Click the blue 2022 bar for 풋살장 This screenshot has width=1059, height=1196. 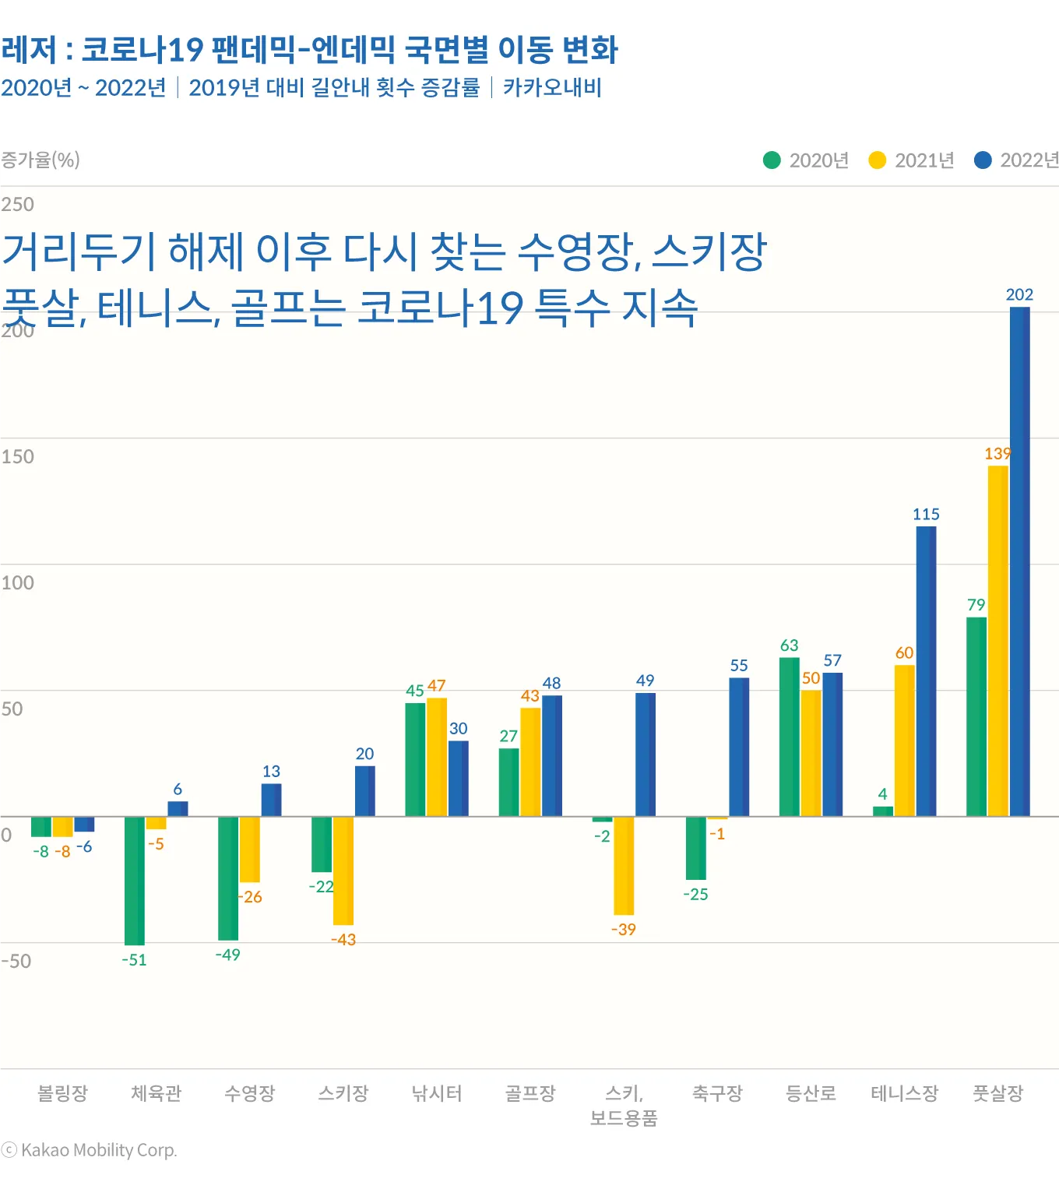[1019, 561]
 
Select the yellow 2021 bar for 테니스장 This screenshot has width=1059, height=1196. [904, 740]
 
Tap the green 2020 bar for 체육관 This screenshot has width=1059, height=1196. [135, 880]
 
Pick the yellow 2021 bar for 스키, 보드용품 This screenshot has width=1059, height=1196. [624, 865]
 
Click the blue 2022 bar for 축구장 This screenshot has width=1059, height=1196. [739, 747]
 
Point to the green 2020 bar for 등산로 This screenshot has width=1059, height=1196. [789, 737]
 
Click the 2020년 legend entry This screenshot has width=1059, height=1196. [806, 160]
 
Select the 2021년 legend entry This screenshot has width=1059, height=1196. [912, 160]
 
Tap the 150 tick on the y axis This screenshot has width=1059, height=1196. [18, 456]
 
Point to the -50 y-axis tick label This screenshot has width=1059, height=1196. [16, 961]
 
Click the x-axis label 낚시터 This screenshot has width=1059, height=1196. [437, 1093]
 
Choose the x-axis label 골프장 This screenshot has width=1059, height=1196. [530, 1093]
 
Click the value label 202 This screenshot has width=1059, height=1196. [1019, 294]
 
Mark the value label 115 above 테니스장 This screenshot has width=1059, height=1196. [926, 514]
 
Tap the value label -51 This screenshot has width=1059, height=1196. [134, 960]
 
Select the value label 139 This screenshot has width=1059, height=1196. [997, 453]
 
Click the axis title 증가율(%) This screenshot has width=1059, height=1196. [40, 160]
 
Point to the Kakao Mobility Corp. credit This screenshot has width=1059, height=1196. [90, 1150]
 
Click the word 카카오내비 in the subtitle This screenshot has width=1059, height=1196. [552, 87]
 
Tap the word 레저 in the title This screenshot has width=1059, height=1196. [30, 50]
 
